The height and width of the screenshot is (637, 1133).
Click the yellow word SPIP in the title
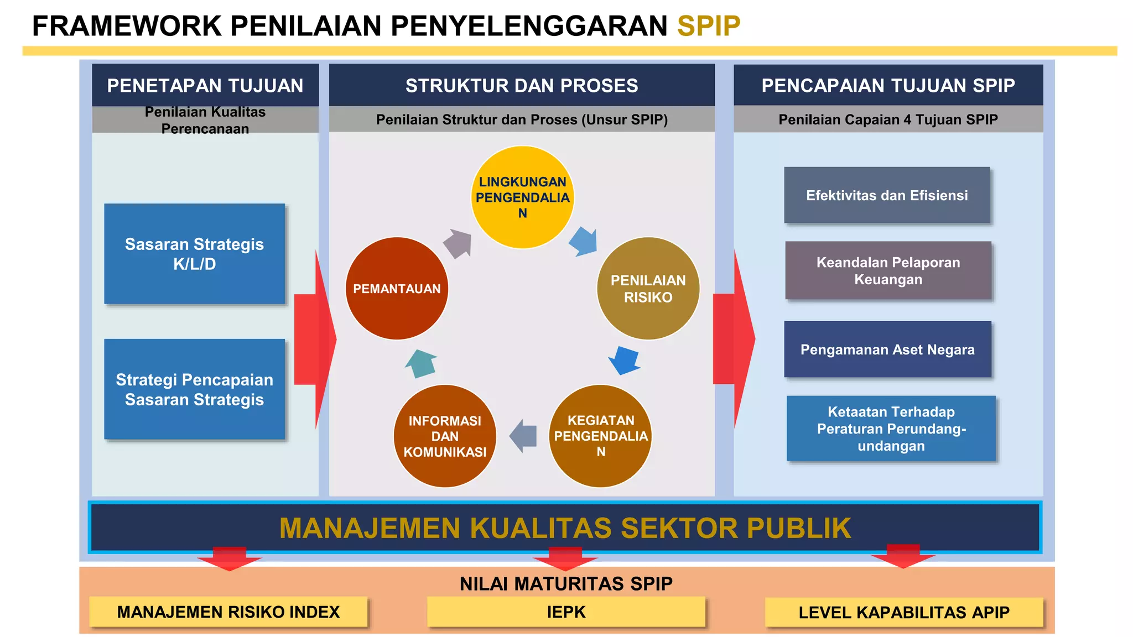[708, 26]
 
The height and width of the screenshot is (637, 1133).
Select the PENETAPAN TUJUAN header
[205, 86]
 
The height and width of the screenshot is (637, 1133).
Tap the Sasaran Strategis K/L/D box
[195, 254]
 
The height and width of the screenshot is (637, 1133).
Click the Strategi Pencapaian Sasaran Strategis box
[195, 389]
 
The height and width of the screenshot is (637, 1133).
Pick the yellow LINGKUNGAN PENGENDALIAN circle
[522, 197]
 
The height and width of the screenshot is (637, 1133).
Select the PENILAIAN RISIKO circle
[648, 288]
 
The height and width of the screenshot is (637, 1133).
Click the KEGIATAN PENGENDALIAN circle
[600, 436]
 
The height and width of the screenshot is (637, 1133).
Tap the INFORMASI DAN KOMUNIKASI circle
[445, 436]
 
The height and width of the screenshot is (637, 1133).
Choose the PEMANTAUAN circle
[397, 288]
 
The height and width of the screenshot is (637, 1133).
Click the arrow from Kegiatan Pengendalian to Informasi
[523, 436]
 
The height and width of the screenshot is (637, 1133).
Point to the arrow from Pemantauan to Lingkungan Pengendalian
[458, 243]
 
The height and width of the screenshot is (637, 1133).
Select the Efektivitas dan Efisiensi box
[887, 195]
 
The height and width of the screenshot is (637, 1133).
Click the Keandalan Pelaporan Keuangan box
[888, 270]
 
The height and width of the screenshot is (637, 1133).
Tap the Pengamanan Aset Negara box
[887, 349]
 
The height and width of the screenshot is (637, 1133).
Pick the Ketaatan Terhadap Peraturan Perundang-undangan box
[891, 429]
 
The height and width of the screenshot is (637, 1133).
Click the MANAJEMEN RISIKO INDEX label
[228, 612]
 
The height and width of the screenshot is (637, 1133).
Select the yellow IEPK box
[566, 612]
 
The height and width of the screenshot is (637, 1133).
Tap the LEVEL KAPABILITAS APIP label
[904, 612]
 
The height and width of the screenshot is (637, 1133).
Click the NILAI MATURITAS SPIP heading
[566, 583]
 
